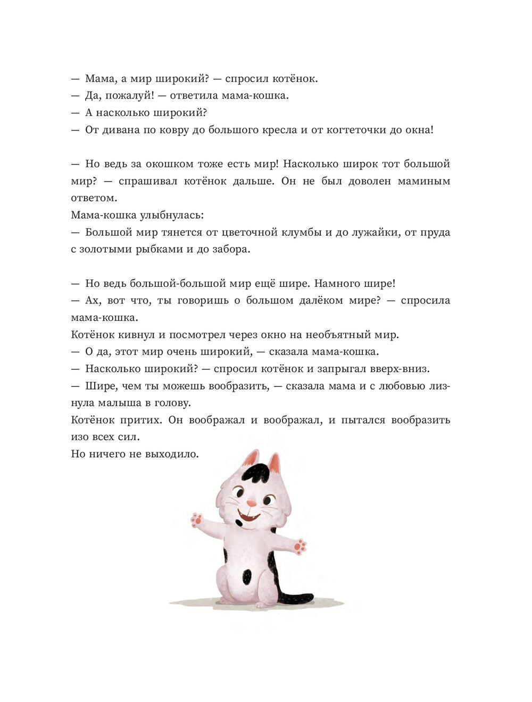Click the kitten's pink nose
tap(252, 503)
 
